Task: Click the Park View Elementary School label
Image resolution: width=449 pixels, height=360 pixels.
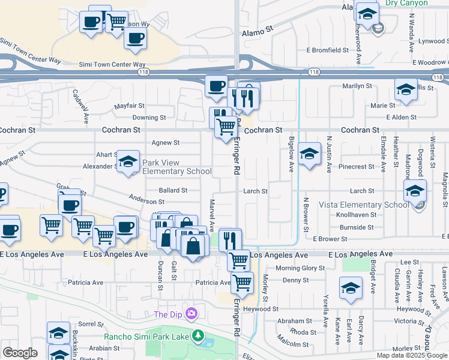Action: coord(176,167)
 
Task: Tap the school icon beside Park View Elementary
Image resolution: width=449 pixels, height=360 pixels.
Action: coord(128,161)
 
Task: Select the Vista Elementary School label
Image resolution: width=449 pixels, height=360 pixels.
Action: coord(364,205)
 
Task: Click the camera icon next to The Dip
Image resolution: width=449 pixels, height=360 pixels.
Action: coord(191,314)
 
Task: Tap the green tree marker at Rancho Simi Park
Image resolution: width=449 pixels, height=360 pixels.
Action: coord(196,335)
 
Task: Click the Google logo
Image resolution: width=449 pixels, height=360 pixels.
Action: coord(20,353)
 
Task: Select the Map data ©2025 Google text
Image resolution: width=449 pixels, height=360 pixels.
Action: coord(412,355)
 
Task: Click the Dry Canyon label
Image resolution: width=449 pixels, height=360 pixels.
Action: coord(406,3)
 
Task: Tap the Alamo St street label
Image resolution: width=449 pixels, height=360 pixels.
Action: coord(258,28)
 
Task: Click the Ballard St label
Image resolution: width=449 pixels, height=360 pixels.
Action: coord(173,190)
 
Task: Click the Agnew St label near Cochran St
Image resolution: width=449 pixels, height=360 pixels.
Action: coord(166,143)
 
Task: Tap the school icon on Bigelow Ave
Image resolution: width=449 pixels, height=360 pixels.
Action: coord(309,155)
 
